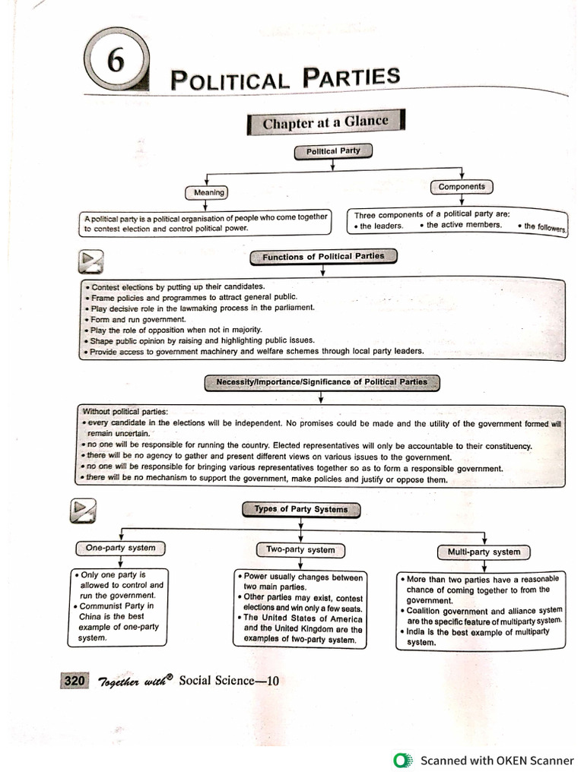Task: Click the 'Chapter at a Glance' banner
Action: pos(325,122)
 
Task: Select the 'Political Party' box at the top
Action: pos(332,151)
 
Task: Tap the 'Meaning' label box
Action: pos(208,192)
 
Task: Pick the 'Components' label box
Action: pos(462,187)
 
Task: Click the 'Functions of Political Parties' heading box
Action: pos(323,257)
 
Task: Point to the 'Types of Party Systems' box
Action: pos(300,509)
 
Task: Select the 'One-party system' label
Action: pos(120,548)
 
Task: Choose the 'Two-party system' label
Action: pos(300,549)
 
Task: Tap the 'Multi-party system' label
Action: pos(484,552)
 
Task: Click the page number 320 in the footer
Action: pos(75,680)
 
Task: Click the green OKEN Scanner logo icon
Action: pos(401,761)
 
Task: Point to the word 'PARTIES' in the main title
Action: pos(351,77)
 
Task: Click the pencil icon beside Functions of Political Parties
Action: pos(90,262)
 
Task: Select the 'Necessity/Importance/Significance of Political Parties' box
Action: pos(322,381)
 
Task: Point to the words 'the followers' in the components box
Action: pos(544,226)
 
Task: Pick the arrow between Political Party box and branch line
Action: pos(332,165)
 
